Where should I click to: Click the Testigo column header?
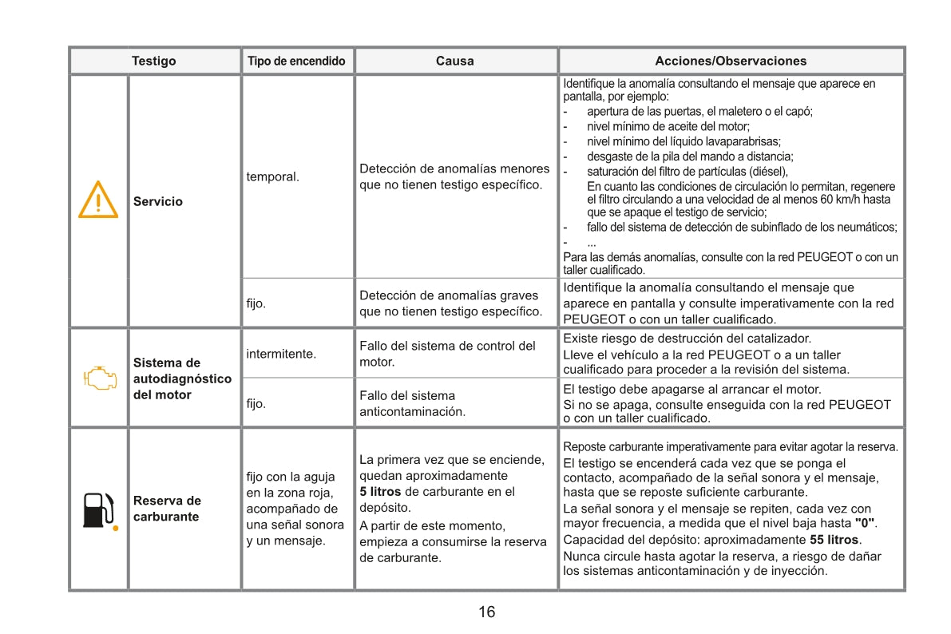(x=154, y=61)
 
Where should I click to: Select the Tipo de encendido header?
(x=296, y=61)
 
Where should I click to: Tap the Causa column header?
(x=454, y=61)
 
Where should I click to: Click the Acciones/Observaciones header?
(x=731, y=61)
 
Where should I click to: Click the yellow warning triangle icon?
(x=98, y=200)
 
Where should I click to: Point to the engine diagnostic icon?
(x=98, y=378)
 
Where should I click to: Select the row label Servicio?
(x=158, y=201)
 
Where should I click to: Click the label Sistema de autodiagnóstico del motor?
(x=182, y=378)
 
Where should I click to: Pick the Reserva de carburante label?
(x=167, y=509)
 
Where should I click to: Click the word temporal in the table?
(x=272, y=176)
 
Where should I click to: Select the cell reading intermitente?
(x=281, y=353)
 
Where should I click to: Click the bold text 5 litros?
(x=380, y=492)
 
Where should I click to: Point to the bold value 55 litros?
(x=834, y=540)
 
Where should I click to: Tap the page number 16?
(x=486, y=612)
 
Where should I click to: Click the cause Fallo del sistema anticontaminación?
(x=412, y=403)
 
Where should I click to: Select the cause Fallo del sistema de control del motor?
(x=447, y=354)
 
